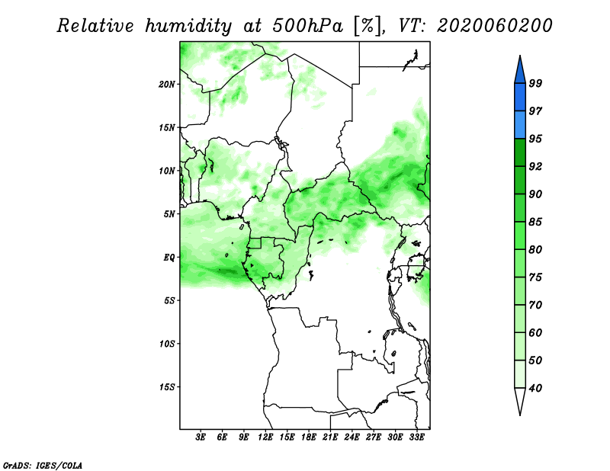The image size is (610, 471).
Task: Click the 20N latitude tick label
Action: click(x=167, y=84)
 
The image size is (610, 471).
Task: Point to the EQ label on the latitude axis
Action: click(x=169, y=257)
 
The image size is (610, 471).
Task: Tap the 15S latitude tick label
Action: click(x=167, y=387)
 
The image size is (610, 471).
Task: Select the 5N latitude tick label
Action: click(x=169, y=214)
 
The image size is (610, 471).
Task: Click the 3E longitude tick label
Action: click(x=201, y=437)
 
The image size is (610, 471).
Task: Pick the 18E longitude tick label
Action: click(x=309, y=437)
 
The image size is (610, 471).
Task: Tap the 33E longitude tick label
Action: click(x=416, y=437)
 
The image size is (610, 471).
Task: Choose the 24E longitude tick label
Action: click(x=352, y=437)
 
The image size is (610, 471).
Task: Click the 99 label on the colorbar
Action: click(x=535, y=83)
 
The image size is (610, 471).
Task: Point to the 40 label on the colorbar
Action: click(x=535, y=388)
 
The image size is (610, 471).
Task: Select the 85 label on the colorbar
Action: click(x=535, y=222)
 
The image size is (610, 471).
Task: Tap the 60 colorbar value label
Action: click(x=535, y=332)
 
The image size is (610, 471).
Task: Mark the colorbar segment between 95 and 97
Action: click(x=520, y=125)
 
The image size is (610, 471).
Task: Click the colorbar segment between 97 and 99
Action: click(x=520, y=98)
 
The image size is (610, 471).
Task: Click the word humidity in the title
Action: click(x=188, y=26)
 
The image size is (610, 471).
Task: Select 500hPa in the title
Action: click(x=308, y=26)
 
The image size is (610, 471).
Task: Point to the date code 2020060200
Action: click(x=494, y=26)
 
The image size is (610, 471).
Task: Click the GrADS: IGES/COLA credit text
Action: click(x=43, y=465)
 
